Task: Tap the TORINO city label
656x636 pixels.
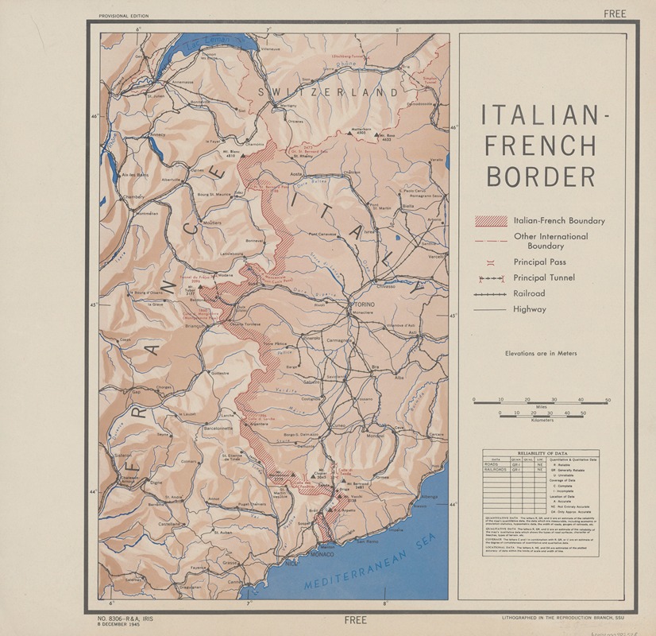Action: pyautogui.click(x=364, y=304)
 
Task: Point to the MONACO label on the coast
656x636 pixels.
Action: pyautogui.click(x=322, y=554)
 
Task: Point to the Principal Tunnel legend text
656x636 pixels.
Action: pyautogui.click(x=543, y=277)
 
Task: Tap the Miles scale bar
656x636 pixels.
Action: pyautogui.click(x=540, y=403)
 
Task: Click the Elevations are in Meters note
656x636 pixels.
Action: pyautogui.click(x=540, y=353)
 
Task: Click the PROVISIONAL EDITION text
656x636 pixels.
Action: pyautogui.click(x=123, y=16)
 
